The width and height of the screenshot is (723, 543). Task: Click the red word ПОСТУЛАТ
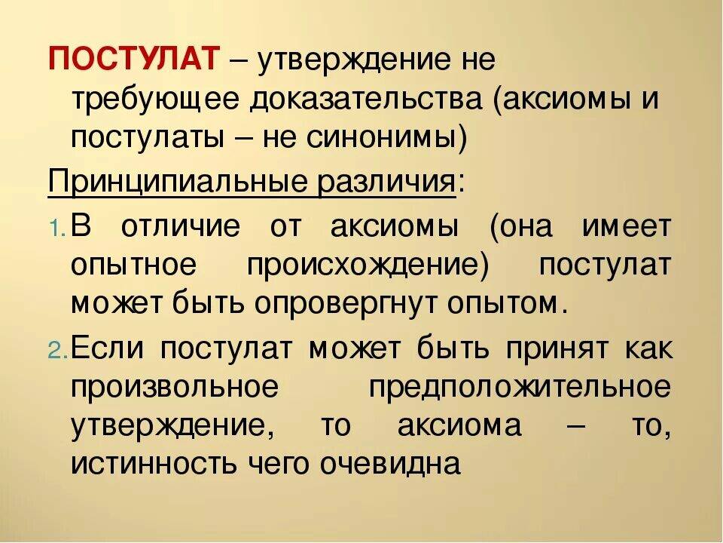point(133,59)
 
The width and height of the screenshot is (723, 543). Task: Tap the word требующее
point(156,100)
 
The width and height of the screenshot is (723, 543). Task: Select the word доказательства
point(366,100)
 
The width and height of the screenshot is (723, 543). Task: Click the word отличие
point(181,227)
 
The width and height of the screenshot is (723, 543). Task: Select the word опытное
point(134,265)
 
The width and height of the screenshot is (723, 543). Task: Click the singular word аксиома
point(459,425)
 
